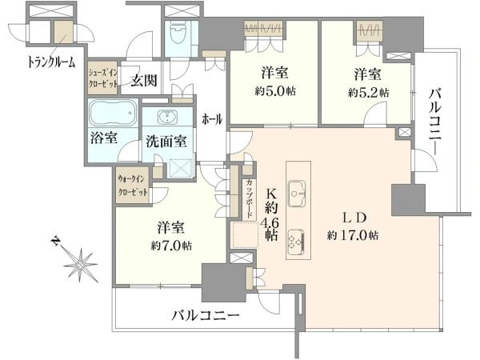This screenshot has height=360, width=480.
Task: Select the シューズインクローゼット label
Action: coord(103,78)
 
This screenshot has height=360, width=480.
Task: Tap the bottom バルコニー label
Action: coord(205,316)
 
